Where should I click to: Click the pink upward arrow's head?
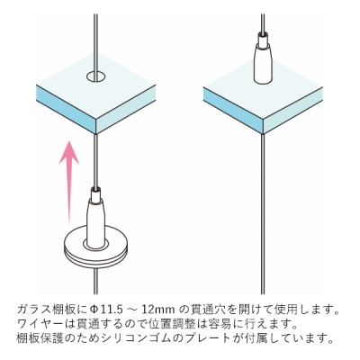coord(69,152)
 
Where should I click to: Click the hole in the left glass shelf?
coord(96,76)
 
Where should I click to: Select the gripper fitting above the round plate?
coord(96,216)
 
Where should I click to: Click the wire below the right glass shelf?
coord(263,214)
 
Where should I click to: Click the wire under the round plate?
coord(96,281)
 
